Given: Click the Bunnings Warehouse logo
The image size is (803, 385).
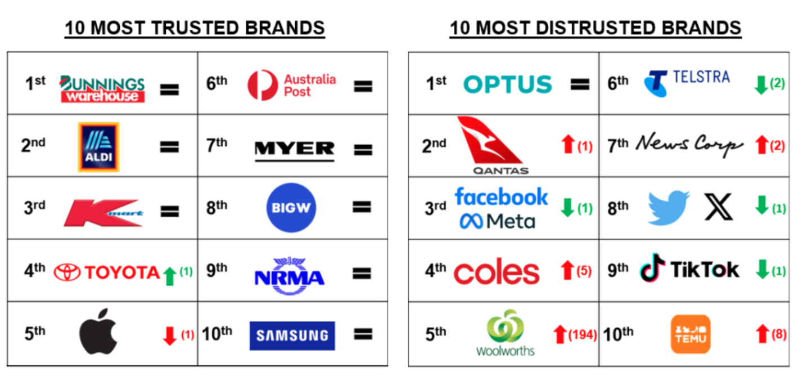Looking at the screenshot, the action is (x=102, y=88).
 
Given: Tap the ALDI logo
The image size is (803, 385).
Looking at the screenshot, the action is (x=99, y=147).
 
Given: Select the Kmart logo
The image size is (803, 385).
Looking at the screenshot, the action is (x=103, y=213).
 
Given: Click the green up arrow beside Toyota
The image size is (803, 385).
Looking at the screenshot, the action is (x=170, y=276).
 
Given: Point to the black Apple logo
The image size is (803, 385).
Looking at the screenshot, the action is (x=98, y=331).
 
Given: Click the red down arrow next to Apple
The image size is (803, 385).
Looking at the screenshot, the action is (x=170, y=336).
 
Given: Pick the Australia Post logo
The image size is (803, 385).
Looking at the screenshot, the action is (x=292, y=85).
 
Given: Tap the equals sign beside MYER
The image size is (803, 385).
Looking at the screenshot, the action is (x=363, y=150).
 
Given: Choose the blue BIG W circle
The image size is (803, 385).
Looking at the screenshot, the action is (x=291, y=208).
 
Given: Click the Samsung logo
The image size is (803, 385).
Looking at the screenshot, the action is (x=292, y=335).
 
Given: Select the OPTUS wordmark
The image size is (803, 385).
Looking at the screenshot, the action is (x=508, y=84).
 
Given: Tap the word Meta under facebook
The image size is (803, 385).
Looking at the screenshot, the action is (x=511, y=221).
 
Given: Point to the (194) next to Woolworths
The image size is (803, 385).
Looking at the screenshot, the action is (x=583, y=335).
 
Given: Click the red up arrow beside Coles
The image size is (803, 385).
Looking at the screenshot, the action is (x=567, y=270).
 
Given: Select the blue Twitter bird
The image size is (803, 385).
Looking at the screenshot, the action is (x=669, y=208).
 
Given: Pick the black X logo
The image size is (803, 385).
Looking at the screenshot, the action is (x=719, y=207).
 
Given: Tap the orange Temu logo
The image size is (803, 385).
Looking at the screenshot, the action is (x=691, y=334).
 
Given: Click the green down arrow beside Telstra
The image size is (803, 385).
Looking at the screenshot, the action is (x=761, y=85).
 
